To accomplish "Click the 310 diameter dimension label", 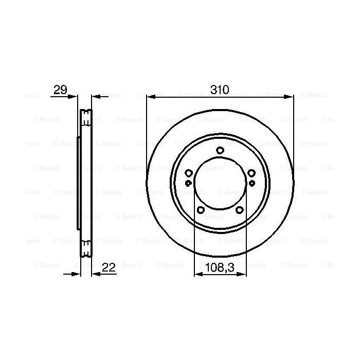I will (x=220, y=89).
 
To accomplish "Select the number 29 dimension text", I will (x=60, y=89).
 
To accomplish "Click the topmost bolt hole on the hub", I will (x=220, y=150).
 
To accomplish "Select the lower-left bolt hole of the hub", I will (x=201, y=209).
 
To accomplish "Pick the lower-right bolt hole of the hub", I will (x=239, y=209).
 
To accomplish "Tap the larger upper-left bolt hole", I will (x=189, y=173).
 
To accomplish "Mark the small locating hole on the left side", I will (x=188, y=182).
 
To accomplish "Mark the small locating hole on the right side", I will (x=252, y=182).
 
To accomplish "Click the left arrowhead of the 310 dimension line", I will (x=150, y=96).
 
